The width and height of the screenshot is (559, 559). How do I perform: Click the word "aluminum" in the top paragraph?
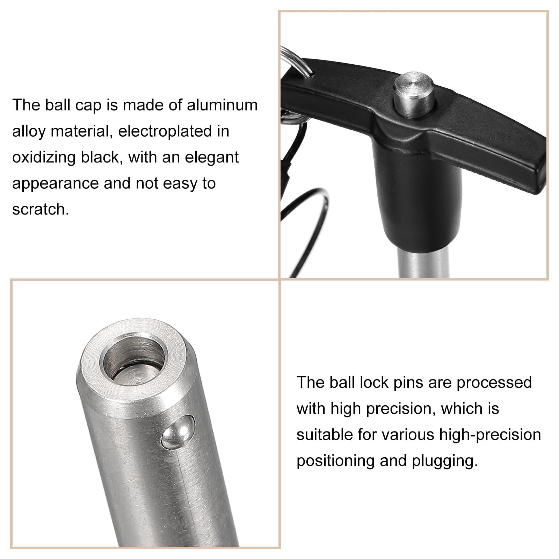coord(222,105)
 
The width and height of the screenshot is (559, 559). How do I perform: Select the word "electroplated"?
coord(174,131)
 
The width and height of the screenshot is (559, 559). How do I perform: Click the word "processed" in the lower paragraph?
coord(494,383)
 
